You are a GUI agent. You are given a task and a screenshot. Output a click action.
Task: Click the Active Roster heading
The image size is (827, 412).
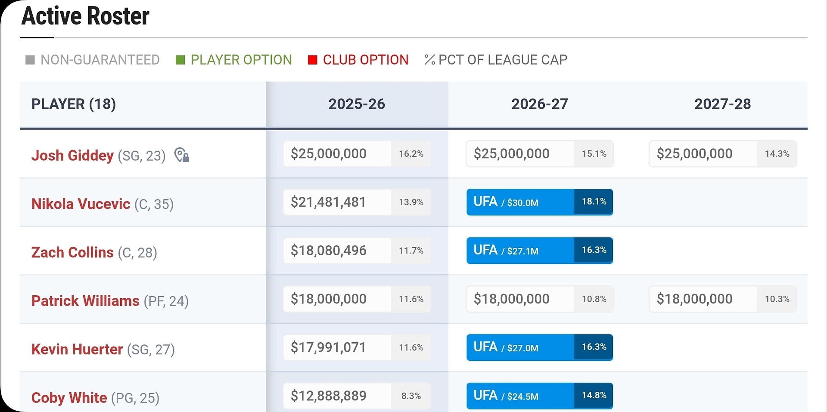point(85,16)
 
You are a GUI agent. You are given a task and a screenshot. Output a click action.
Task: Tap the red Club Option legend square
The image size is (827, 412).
point(313,60)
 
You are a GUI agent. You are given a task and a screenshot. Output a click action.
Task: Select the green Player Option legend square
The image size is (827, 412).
point(180,60)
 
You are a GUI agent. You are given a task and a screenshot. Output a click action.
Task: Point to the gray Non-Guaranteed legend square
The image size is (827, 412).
point(30,60)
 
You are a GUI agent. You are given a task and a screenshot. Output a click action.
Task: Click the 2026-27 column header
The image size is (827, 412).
point(540,104)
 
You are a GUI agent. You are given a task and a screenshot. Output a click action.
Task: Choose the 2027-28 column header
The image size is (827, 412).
point(723,104)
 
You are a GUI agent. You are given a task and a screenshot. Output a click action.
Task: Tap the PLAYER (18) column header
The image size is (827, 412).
point(74,104)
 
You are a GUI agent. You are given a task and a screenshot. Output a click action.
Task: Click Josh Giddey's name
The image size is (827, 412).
point(72,155)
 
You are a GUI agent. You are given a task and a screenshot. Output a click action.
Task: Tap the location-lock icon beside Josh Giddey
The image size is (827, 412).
point(182,155)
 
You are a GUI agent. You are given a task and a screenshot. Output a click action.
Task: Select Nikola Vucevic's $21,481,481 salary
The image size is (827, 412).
point(328,202)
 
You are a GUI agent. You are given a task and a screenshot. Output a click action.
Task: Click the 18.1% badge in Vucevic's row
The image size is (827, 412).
point(594,202)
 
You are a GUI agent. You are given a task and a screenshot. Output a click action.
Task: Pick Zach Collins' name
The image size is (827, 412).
point(72,252)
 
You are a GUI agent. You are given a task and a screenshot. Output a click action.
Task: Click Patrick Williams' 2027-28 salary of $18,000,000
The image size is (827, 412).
point(694,299)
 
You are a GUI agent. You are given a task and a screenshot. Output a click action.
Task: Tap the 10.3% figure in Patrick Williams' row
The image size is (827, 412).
point(777,299)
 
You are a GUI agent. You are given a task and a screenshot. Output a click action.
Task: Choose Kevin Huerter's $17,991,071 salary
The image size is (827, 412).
point(328,347)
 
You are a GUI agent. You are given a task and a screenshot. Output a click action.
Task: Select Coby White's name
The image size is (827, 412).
point(69,397)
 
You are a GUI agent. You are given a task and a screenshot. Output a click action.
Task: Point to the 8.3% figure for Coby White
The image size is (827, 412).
point(411,396)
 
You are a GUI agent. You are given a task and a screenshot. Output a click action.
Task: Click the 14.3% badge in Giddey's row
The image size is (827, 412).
point(777,154)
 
